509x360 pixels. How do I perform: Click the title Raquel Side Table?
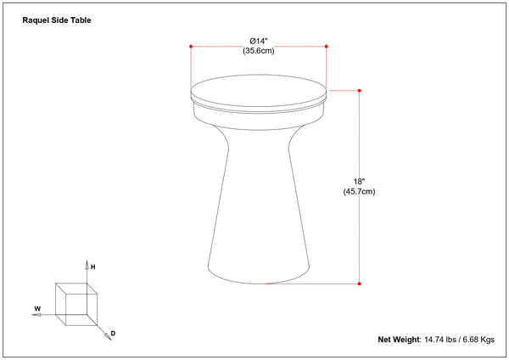[57, 20]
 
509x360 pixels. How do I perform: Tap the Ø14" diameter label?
[259, 42]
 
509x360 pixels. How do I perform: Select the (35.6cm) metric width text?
[259, 51]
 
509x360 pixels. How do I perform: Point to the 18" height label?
[359, 182]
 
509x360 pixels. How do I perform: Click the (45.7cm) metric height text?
[359, 191]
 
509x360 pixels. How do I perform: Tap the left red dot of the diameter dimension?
[191, 47]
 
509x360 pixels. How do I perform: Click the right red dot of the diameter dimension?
[327, 47]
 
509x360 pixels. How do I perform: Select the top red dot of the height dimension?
[360, 91]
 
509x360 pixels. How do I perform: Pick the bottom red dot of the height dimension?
[360, 284]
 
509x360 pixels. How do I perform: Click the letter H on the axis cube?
[93, 267]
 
